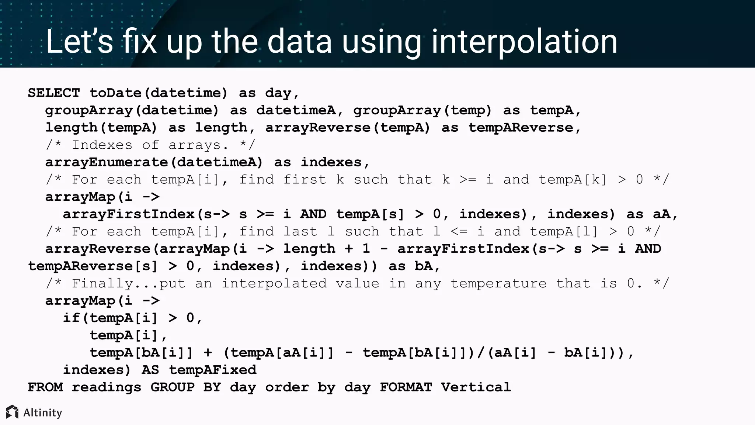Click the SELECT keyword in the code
point(54,93)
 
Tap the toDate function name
point(115,93)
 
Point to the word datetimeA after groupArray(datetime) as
point(296,110)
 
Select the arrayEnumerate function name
point(107,162)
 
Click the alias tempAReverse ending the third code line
point(521,128)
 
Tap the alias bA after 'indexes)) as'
point(423,266)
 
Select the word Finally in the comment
point(102,284)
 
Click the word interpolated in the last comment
point(274,284)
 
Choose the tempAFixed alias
point(213,370)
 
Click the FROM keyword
point(45,387)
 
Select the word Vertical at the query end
point(476,387)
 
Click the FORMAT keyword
point(406,387)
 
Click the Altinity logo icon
point(12,412)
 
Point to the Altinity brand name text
point(43,412)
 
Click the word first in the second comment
point(305,180)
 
